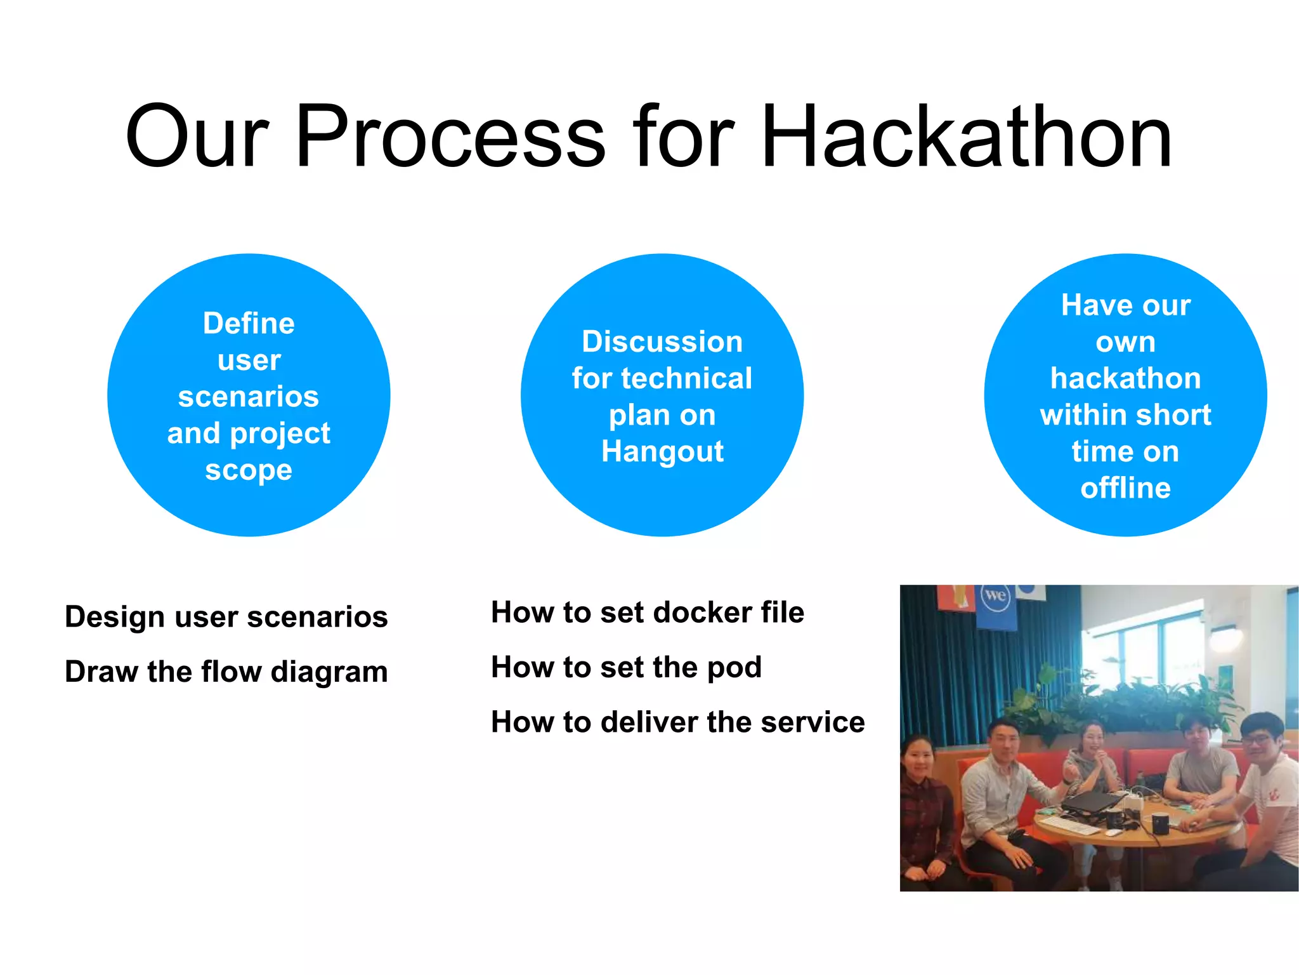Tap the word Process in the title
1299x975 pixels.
pos(450,136)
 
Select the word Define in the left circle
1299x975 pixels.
pos(249,324)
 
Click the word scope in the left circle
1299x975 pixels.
pos(249,470)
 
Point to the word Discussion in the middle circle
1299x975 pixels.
pos(662,342)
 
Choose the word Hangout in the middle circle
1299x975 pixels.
pos(662,452)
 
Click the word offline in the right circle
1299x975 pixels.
pos(1125,488)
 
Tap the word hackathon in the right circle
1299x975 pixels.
pos(1125,378)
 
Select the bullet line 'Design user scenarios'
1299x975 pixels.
pos(226,617)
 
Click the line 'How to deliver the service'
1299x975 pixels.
pos(677,722)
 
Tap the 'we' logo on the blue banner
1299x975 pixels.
pos(995,596)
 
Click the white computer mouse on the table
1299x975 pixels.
pos(1114,832)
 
